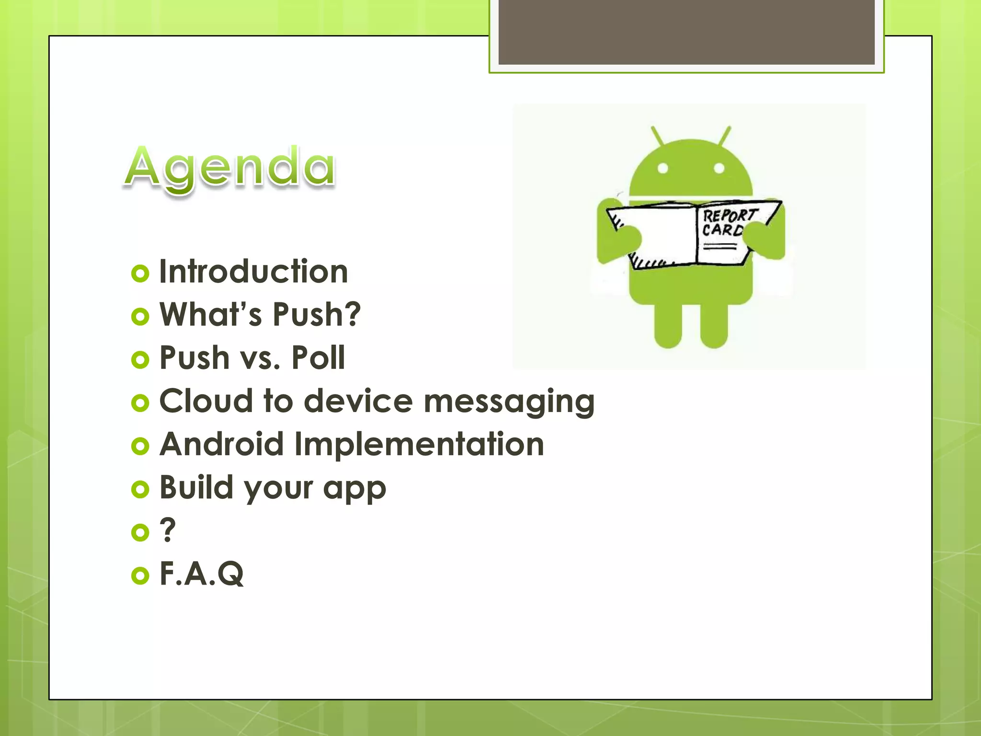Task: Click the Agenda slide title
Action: pos(230,168)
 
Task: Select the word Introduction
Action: pos(253,271)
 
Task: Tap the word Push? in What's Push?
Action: pos(317,314)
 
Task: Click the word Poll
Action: pos(318,357)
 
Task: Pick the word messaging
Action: pos(509,402)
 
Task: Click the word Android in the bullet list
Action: pos(222,444)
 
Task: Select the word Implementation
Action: pos(419,444)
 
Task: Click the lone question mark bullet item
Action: pos(168,530)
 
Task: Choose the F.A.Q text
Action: pos(202,573)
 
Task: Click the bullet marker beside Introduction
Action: pos(140,274)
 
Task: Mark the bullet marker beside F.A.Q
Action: pos(140,575)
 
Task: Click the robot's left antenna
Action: pos(658,136)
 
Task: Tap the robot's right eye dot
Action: pos(719,168)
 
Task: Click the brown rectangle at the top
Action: pos(686,32)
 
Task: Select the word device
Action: pos(358,401)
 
